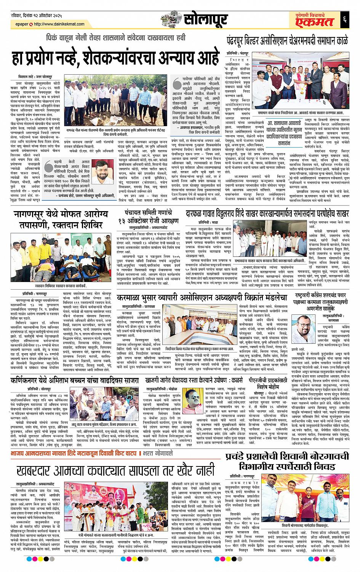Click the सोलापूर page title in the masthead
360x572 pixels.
click(206, 18)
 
